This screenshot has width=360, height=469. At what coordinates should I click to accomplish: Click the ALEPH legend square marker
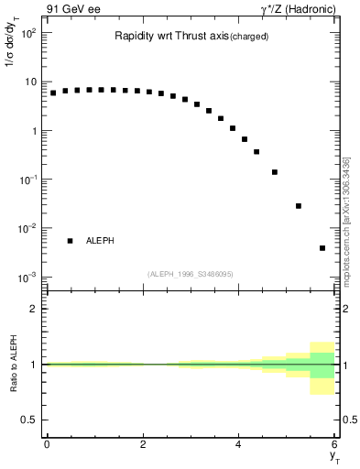tap(70, 241)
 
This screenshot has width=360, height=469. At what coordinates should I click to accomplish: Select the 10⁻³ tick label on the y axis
tap(27, 277)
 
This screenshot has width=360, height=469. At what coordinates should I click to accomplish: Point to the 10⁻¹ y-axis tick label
tap(27, 180)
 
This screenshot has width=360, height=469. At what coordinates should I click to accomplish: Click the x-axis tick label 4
tap(238, 443)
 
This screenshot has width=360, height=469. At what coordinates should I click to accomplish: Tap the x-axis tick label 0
tap(46, 443)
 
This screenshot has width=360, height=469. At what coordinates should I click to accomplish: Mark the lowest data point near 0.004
tap(322, 248)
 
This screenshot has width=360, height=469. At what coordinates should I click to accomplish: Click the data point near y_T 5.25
tap(299, 206)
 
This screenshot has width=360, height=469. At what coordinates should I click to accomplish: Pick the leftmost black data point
tap(53, 93)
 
